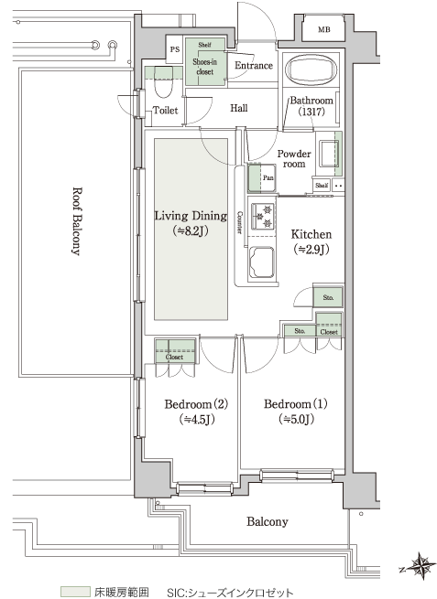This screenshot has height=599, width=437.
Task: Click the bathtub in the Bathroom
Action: point(311,70)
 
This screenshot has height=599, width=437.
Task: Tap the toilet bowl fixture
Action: point(164,86)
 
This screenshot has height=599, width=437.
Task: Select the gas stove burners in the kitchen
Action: point(263,216)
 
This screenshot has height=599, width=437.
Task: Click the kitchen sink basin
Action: point(262,262)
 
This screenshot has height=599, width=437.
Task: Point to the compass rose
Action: point(420,566)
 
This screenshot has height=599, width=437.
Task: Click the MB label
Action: point(324,29)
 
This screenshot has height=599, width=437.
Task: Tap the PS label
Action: point(175,49)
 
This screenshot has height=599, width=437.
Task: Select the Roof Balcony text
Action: point(77,221)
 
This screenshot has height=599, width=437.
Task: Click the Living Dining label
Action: point(191,216)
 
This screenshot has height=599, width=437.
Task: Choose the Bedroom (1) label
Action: point(295,404)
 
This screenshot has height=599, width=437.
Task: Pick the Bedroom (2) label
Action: point(196,404)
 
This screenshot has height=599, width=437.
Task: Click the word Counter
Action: point(240,222)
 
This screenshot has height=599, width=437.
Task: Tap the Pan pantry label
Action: point(268,178)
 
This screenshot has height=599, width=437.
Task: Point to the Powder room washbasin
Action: point(329,154)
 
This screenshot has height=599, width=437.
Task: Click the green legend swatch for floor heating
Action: point(75,592)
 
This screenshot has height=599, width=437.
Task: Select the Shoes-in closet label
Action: point(204,67)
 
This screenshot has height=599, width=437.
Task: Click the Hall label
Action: point(239,108)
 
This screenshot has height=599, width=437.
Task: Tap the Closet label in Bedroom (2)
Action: point(174,358)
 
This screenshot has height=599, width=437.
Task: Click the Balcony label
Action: point(268,522)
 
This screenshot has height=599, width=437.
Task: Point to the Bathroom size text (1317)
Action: point(311,112)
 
